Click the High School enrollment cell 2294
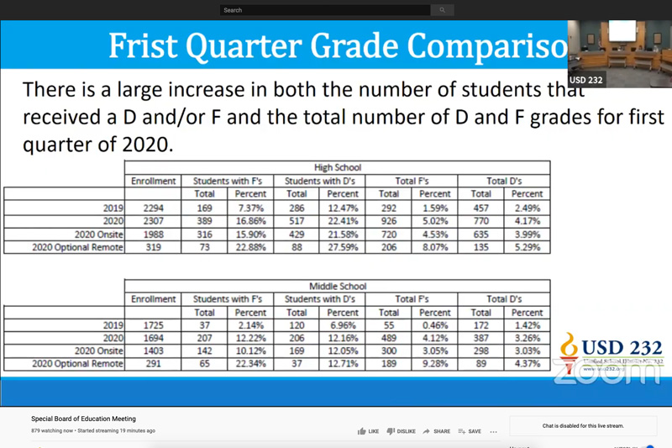point(154,208)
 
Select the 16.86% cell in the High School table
point(250,221)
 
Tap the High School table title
point(337,167)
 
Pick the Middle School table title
point(337,286)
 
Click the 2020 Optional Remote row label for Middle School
point(78,364)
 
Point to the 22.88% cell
point(250,247)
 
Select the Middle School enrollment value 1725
point(154,325)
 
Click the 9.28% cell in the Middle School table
point(434,364)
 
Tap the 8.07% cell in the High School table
point(434,247)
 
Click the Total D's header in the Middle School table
point(504,298)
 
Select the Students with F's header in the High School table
point(228,181)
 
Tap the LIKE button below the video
point(368,431)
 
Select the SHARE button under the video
point(436,431)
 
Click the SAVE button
point(470,431)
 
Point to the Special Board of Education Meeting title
point(83,419)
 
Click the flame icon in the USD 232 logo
point(570,345)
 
